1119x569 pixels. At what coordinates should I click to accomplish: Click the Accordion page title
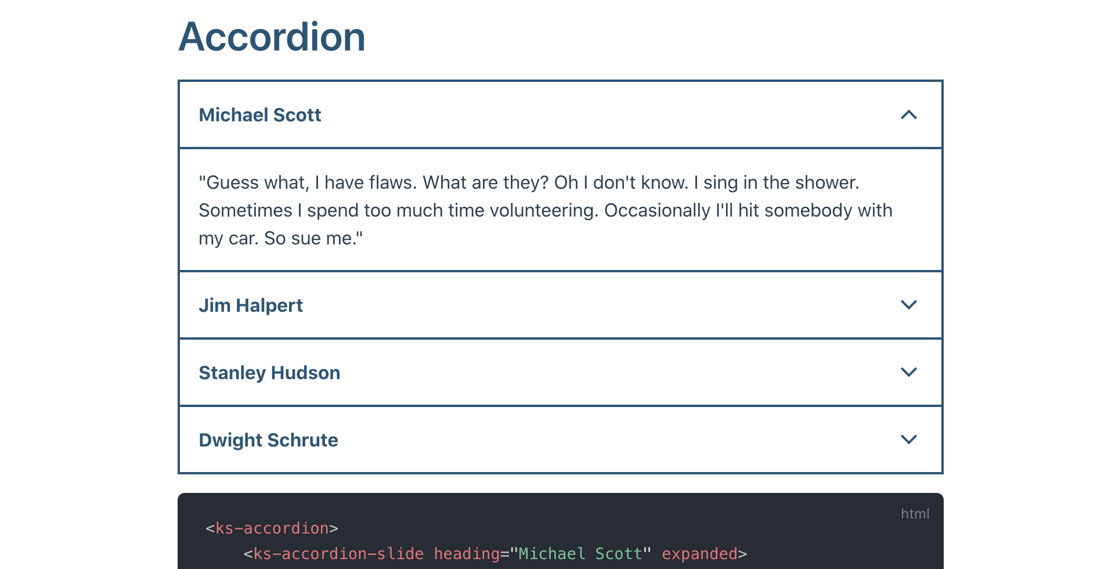[272, 37]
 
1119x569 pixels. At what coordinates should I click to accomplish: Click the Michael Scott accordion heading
[260, 115]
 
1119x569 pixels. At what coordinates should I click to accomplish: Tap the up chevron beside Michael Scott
[908, 115]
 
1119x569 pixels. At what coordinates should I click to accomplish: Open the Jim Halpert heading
[251, 305]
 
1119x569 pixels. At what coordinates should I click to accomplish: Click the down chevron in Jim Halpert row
[908, 305]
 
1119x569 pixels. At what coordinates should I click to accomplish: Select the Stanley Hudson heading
[269, 373]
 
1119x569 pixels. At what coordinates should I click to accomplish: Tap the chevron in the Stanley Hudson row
[908, 372]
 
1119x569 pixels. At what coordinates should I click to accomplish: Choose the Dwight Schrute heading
[268, 440]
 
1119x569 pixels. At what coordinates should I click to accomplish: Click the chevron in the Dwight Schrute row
[908, 440]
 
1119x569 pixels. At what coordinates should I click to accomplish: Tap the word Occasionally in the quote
[657, 211]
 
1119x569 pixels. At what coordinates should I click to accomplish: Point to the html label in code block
[915, 514]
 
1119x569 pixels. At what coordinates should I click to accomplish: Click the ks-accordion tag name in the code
[272, 528]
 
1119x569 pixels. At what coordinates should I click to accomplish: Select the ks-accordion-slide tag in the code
[338, 554]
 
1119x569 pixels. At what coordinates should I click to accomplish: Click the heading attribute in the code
[467, 554]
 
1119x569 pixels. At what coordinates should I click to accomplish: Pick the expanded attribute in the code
[699, 554]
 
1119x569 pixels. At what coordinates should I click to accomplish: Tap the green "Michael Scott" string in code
[580, 554]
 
